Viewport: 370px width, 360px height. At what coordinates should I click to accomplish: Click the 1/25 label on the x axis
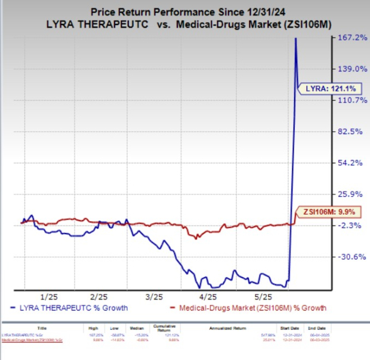click(48, 296)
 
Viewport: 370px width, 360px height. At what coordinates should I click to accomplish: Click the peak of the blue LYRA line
click(295, 38)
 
